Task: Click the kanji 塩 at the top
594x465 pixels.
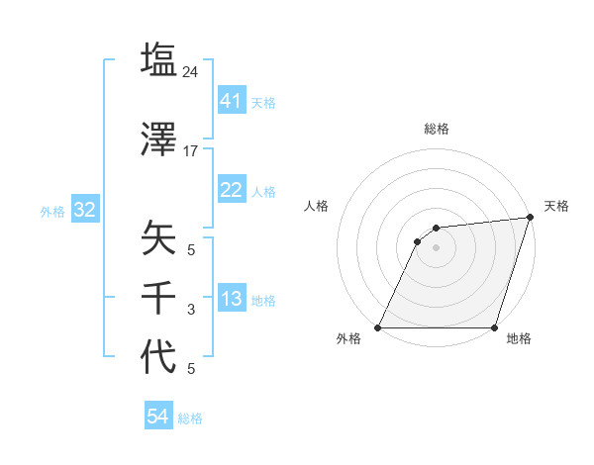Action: tap(159, 60)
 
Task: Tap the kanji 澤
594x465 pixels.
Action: tap(159, 140)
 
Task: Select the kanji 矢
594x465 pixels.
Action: tap(159, 238)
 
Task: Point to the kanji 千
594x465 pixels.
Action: tap(159, 298)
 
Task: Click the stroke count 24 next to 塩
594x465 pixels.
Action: tap(191, 72)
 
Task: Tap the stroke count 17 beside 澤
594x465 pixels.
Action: tap(191, 152)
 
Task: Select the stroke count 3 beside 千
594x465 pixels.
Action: tap(191, 310)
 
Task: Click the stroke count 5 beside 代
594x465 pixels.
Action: tap(191, 369)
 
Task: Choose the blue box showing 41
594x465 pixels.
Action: tap(231, 100)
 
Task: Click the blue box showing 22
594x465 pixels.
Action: tap(231, 189)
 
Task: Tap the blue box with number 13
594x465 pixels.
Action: tap(231, 299)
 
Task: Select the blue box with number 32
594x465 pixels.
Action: tap(84, 210)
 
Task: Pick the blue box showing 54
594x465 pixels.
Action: tap(157, 417)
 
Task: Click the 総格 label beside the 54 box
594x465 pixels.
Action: tap(190, 418)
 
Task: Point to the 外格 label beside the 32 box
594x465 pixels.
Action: tap(52, 211)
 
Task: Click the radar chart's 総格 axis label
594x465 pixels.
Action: tap(436, 129)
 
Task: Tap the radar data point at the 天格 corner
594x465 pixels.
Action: tap(531, 218)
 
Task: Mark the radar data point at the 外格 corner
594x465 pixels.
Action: tap(378, 327)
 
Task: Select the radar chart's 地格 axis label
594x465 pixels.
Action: tap(519, 339)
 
